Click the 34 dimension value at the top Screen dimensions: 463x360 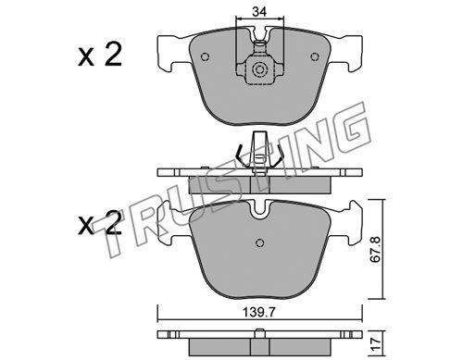tap(259, 12)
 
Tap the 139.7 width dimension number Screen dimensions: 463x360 tap(259, 313)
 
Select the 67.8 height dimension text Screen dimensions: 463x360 tap(375, 249)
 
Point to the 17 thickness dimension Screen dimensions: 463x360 tap(375, 344)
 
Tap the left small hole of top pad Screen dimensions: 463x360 tap(205, 56)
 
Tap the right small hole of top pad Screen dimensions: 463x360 tap(314, 56)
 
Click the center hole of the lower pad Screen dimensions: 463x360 tap(260, 243)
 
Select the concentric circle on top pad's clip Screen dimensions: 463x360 tap(259, 69)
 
